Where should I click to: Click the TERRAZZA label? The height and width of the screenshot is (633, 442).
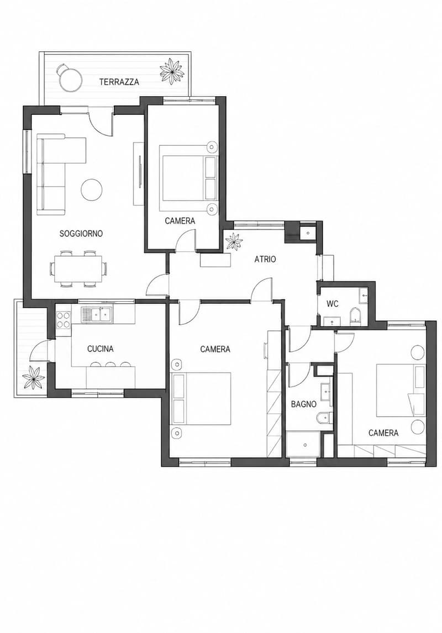tap(119, 82)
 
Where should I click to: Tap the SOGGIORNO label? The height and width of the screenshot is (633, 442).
tap(81, 233)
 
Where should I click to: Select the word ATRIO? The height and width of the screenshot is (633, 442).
tap(265, 259)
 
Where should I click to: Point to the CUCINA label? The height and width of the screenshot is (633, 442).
tap(101, 349)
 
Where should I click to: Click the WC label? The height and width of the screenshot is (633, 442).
tap(332, 304)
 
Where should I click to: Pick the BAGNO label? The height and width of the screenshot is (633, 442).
tap(303, 404)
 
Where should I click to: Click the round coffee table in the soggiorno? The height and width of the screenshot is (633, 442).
tap(92, 189)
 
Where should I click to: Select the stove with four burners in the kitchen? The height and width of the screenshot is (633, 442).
tap(64, 319)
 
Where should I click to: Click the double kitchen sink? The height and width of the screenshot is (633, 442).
tap(97, 314)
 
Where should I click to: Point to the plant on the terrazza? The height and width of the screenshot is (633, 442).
tap(172, 72)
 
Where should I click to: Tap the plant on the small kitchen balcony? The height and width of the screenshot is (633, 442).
tap(34, 378)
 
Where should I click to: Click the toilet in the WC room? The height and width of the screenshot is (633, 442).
tap(354, 315)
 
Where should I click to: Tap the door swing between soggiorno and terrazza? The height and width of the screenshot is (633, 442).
tap(99, 124)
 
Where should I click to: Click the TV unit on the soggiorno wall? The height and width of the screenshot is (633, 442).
tap(139, 173)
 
